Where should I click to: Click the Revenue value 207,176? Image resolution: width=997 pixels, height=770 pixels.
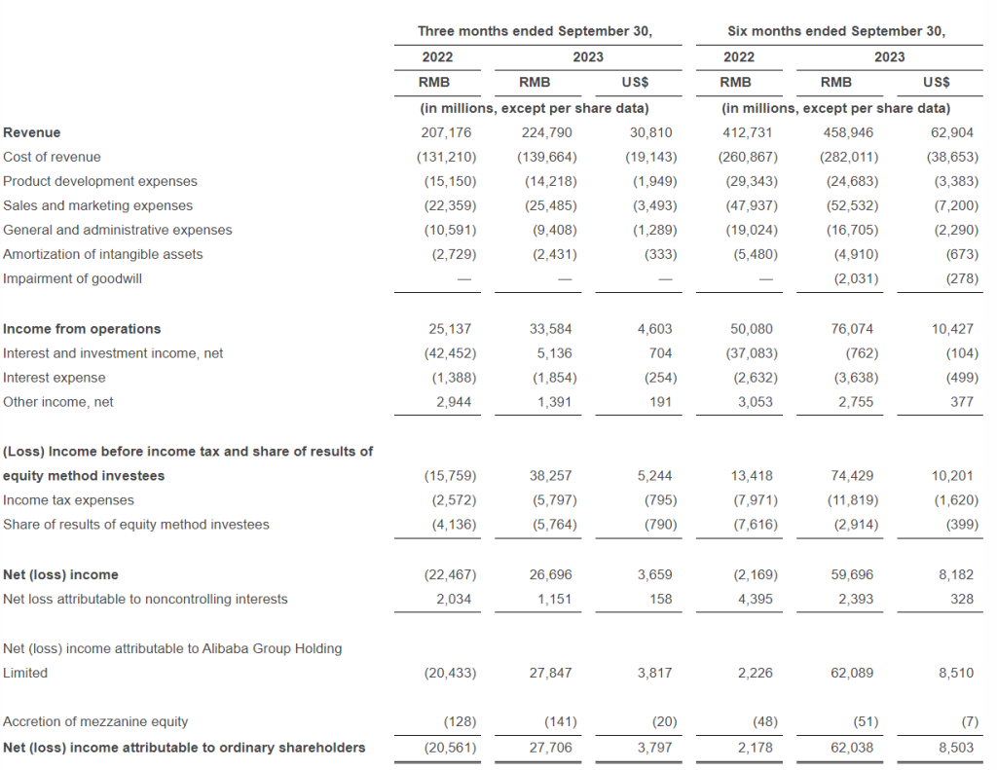446,132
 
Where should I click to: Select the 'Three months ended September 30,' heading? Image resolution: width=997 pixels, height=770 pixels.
535,31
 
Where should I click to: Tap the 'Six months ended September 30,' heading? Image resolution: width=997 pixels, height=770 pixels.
836,31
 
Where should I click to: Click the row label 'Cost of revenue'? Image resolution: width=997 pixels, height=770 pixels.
52,157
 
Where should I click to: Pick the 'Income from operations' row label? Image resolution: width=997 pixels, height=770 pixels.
82,329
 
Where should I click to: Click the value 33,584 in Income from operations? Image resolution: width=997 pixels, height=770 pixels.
550,329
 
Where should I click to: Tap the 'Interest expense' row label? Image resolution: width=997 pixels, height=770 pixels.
55,378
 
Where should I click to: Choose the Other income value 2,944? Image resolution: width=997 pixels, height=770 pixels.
454,402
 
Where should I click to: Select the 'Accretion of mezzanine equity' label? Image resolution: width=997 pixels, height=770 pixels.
95,721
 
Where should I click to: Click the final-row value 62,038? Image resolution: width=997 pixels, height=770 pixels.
852,748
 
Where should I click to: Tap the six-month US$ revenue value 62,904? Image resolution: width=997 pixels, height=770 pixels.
952,132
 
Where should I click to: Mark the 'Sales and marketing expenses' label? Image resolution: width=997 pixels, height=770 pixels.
97,206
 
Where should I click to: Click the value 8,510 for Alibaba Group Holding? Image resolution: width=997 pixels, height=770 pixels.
956,673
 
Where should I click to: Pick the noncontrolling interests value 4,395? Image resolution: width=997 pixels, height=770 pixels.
755,599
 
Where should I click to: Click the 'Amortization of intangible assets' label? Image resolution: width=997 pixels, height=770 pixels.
102,254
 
